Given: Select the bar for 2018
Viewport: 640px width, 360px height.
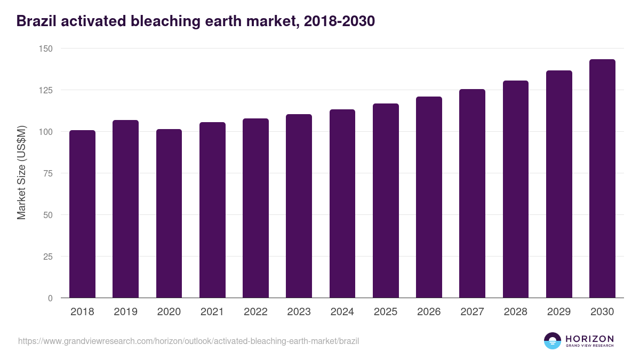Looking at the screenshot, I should tap(82, 214).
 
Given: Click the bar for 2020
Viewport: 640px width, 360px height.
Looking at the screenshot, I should tap(169, 213).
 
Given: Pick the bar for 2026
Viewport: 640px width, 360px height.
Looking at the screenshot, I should tap(429, 197).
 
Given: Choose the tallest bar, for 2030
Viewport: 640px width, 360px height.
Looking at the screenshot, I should tap(602, 179).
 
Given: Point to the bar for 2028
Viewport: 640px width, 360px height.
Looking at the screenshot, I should tap(516, 189).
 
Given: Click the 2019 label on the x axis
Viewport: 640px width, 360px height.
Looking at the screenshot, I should tap(125, 312).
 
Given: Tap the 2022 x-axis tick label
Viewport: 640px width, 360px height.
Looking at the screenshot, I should tap(255, 312).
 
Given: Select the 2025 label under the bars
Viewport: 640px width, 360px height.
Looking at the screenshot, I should tap(386, 312).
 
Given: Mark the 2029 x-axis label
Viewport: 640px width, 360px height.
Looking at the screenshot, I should tap(559, 312).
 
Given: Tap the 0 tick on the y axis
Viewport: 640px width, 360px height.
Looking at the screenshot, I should tap(50, 298).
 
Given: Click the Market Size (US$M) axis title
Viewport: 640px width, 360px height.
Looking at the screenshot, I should tap(21, 173).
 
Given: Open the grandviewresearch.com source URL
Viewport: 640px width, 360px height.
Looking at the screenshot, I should tap(188, 341).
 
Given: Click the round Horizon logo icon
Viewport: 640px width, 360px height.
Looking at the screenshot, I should tap(553, 341).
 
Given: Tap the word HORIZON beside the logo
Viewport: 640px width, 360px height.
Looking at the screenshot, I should tap(589, 339).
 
